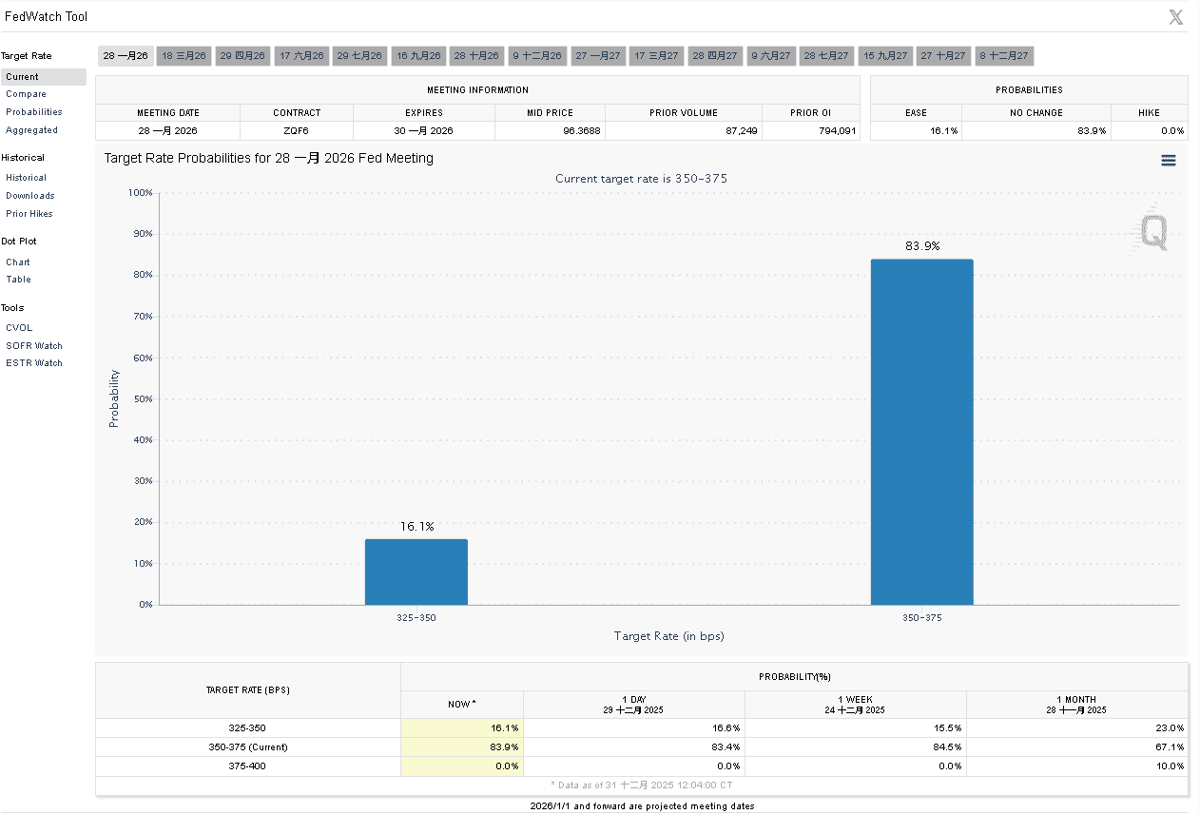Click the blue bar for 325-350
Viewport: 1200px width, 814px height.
click(x=416, y=572)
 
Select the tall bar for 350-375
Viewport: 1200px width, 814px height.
click(x=921, y=432)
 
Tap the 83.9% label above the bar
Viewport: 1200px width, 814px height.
click(x=921, y=245)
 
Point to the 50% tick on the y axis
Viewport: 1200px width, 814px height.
click(x=140, y=398)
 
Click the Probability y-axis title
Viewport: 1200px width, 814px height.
click(x=114, y=398)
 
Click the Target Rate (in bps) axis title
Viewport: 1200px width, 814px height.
click(x=668, y=636)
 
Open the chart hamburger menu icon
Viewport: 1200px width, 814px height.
click(x=1169, y=161)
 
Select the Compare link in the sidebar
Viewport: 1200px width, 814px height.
click(x=26, y=94)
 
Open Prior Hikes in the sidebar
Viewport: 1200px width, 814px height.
click(x=29, y=214)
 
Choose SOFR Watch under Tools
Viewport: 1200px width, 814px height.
click(x=33, y=346)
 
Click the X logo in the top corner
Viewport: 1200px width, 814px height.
click(x=1175, y=16)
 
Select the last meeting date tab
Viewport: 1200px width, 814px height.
click(x=1003, y=56)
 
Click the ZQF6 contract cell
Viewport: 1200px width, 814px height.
click(x=297, y=130)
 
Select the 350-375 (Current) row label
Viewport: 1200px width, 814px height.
click(x=248, y=746)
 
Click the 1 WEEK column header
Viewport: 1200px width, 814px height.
click(x=855, y=705)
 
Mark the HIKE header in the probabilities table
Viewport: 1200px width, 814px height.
click(x=1149, y=112)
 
